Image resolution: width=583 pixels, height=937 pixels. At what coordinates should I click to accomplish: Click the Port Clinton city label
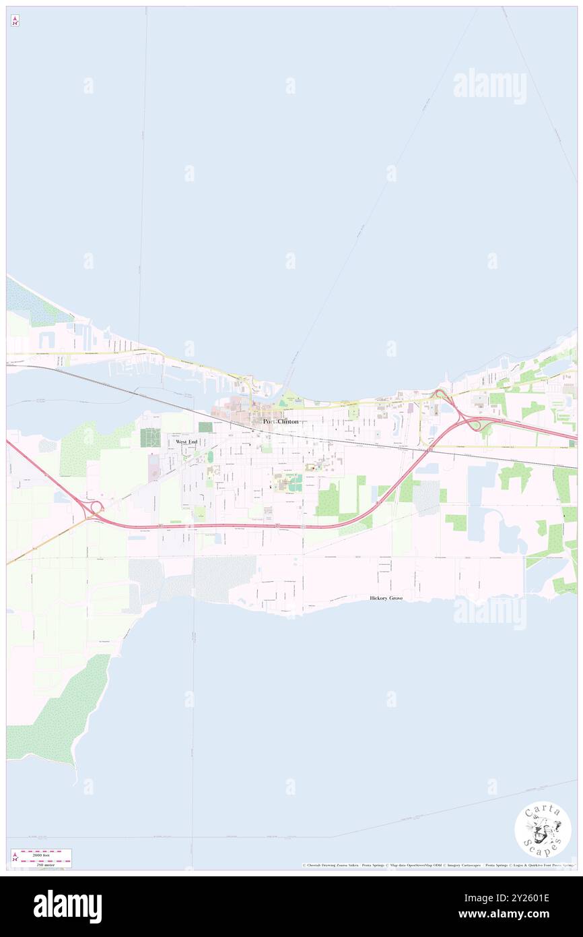[280, 421]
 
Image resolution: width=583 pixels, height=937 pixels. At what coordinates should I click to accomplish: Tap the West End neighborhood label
[186, 442]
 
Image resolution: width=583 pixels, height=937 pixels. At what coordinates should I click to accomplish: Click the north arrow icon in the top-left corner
[15, 21]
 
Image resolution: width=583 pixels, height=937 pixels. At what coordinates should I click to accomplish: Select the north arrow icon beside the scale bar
[15, 857]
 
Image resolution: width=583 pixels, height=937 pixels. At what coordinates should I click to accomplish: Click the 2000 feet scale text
[46, 853]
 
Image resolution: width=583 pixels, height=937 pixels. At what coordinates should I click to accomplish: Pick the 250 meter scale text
[46, 863]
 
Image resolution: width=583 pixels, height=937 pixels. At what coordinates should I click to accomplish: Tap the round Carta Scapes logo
[543, 830]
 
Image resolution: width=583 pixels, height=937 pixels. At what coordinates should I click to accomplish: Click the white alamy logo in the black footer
[67, 906]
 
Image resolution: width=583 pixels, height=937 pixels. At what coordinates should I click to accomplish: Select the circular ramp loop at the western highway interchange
[97, 506]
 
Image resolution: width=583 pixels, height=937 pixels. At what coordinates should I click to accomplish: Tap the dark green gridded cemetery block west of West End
[150, 437]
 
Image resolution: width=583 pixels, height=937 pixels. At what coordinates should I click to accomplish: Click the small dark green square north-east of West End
[205, 427]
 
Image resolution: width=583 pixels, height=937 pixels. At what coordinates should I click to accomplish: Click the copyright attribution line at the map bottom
[438, 866]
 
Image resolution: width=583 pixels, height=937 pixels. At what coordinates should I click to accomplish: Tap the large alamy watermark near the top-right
[489, 86]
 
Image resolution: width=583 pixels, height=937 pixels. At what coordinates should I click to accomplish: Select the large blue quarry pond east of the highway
[479, 499]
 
